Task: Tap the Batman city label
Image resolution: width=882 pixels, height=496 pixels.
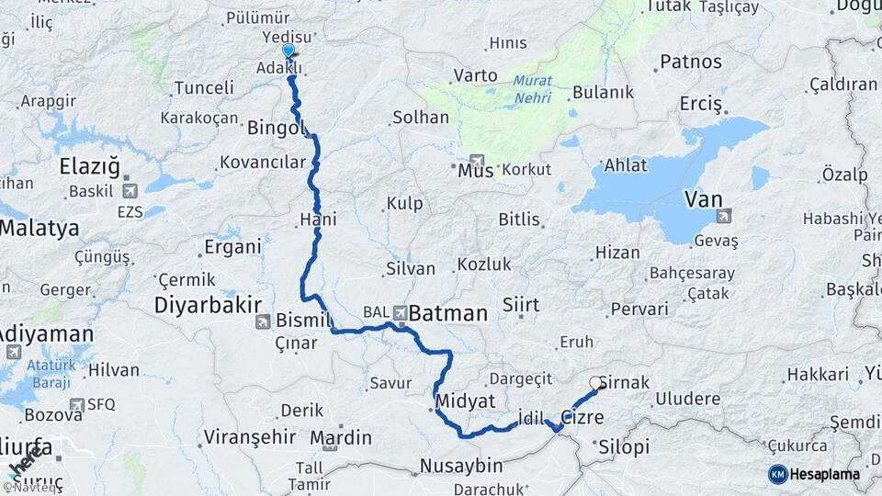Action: (x=447, y=313)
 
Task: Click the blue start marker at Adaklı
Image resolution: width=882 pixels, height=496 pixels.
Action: (x=288, y=51)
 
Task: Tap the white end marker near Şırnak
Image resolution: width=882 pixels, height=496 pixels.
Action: (x=596, y=383)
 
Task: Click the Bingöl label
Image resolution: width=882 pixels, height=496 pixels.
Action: (x=275, y=128)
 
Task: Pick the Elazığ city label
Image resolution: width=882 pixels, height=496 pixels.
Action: (x=89, y=167)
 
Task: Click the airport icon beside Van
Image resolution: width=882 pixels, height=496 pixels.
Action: (x=724, y=216)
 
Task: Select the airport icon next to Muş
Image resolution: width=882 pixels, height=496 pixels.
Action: (x=476, y=160)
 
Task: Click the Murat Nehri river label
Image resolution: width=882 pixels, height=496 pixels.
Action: (x=533, y=87)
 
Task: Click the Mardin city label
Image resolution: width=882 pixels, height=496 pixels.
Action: (x=341, y=436)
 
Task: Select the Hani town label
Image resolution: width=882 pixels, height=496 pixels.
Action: (x=313, y=220)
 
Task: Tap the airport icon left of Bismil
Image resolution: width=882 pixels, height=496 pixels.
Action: (x=264, y=321)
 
